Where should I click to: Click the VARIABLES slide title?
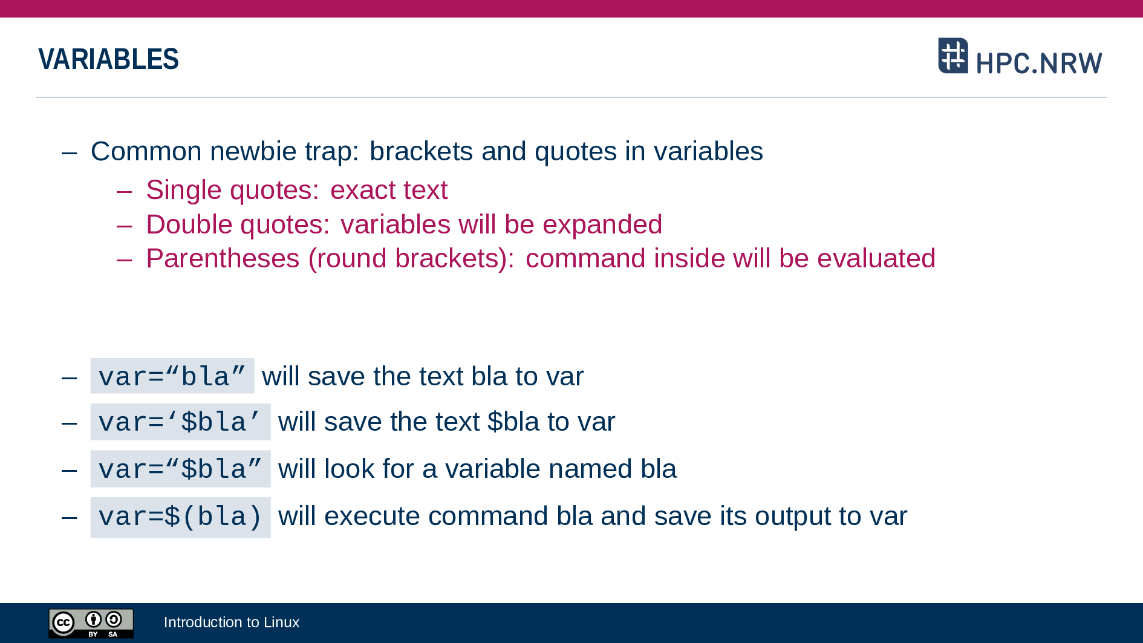pos(108,59)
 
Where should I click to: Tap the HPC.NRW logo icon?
pos(953,56)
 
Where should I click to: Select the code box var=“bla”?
pos(172,376)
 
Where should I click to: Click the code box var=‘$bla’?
pos(180,422)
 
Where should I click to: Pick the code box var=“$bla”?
pos(180,469)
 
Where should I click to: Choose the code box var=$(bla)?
pos(180,517)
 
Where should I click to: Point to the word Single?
pos(184,191)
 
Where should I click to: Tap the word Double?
pos(189,224)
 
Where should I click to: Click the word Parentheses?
pos(223,258)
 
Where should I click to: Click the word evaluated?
pos(876,258)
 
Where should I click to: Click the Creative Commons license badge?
pos(91,624)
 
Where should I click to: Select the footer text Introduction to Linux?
pos(232,622)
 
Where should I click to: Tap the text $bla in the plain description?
pos(513,422)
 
